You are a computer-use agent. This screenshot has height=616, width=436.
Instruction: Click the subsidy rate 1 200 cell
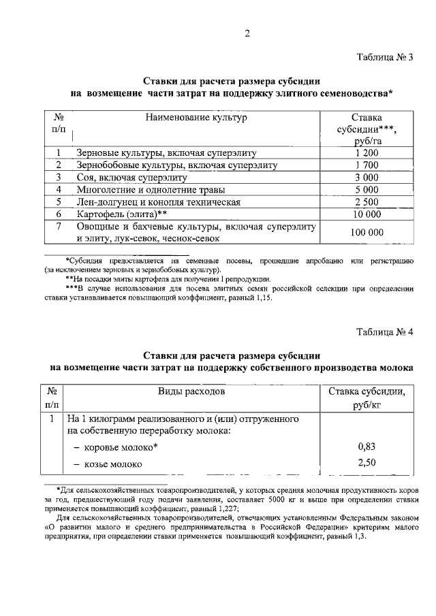click(367, 152)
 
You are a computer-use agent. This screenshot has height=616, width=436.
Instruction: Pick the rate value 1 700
click(367, 165)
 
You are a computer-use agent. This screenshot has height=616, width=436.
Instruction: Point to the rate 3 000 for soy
click(367, 177)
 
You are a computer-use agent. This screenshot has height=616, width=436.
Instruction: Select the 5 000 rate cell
click(367, 189)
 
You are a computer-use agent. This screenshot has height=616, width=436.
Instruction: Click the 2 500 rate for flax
click(367, 201)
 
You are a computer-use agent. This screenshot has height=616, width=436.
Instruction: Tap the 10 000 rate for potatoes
click(367, 214)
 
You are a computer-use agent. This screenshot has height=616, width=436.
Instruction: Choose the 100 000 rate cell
click(367, 232)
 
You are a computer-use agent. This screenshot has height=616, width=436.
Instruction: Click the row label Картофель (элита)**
click(119, 214)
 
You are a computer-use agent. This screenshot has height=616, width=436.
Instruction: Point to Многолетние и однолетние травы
click(151, 189)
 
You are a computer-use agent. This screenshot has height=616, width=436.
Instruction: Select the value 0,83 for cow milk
click(367, 447)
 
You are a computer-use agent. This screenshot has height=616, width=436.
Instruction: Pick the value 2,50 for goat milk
click(367, 464)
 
